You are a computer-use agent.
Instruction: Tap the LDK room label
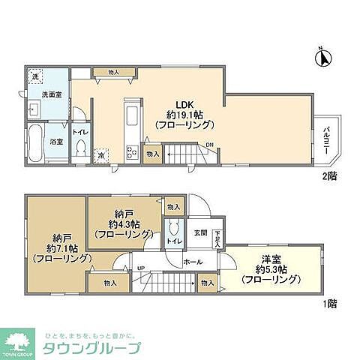(184, 103)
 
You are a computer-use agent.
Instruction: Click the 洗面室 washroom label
(36, 95)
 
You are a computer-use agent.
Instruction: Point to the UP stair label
(140, 266)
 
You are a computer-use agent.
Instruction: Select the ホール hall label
(193, 262)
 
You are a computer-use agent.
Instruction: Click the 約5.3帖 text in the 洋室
(271, 270)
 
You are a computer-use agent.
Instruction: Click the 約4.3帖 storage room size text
(123, 223)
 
